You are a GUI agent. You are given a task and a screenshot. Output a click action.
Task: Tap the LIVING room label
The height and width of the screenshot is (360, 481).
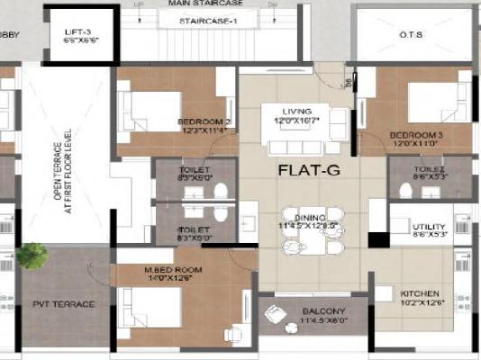(296, 110)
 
